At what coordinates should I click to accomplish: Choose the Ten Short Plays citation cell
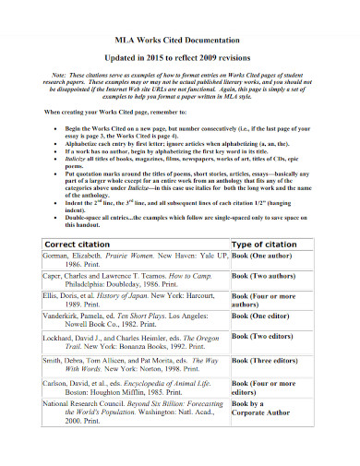point(120,346)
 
